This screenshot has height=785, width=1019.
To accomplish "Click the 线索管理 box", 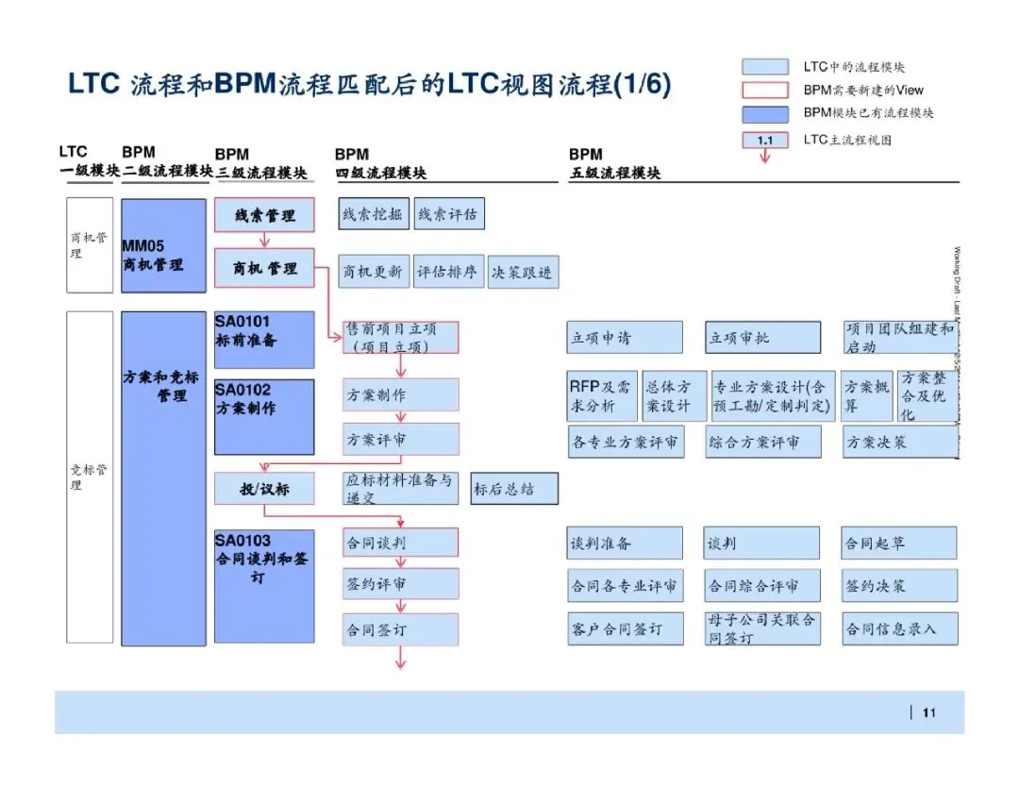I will coord(264,216).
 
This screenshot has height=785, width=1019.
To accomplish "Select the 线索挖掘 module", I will coord(374,214).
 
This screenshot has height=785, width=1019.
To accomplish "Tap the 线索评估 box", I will coord(448,214).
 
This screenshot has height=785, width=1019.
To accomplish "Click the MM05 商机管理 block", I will coord(163,244).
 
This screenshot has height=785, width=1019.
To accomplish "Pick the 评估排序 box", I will coord(448,272).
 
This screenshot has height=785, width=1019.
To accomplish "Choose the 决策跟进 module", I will coord(522,272).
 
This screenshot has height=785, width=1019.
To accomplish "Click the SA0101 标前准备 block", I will coord(264,340).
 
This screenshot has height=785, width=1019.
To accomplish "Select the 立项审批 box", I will coord(762,338).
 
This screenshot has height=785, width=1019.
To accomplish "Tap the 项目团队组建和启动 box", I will coord(900,338).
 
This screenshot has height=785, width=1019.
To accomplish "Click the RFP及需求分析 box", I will coord(603,396).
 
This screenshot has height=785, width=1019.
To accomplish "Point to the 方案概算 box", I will coord(867,396).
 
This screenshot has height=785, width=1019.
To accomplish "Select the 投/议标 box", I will coord(264,489).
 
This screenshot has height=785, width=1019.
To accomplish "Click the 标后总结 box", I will coord(514,489).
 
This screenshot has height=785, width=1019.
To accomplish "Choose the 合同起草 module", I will coord(899,543).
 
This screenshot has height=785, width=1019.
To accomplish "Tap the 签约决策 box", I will coord(899,586).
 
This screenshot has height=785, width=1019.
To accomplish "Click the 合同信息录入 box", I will coord(899,628).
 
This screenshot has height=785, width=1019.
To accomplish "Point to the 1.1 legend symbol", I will coord(765,141).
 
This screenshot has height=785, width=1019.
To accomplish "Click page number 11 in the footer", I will coord(928,713).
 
